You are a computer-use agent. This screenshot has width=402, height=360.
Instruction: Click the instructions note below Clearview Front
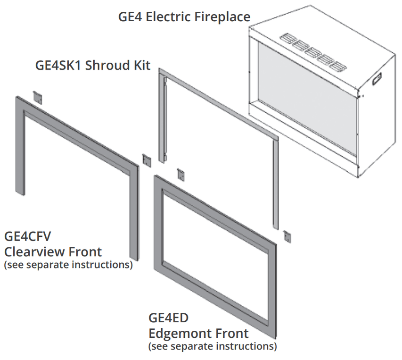(x=68, y=265)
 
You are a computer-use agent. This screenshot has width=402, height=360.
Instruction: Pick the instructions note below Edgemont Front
(x=213, y=347)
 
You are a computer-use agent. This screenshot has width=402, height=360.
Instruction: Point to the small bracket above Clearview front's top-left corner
(x=37, y=97)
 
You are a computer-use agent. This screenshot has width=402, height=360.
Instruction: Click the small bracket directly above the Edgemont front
(x=180, y=174)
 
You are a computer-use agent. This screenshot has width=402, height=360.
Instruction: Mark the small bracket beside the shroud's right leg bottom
(x=287, y=236)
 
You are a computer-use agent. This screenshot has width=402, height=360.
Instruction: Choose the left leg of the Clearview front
(x=19, y=146)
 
